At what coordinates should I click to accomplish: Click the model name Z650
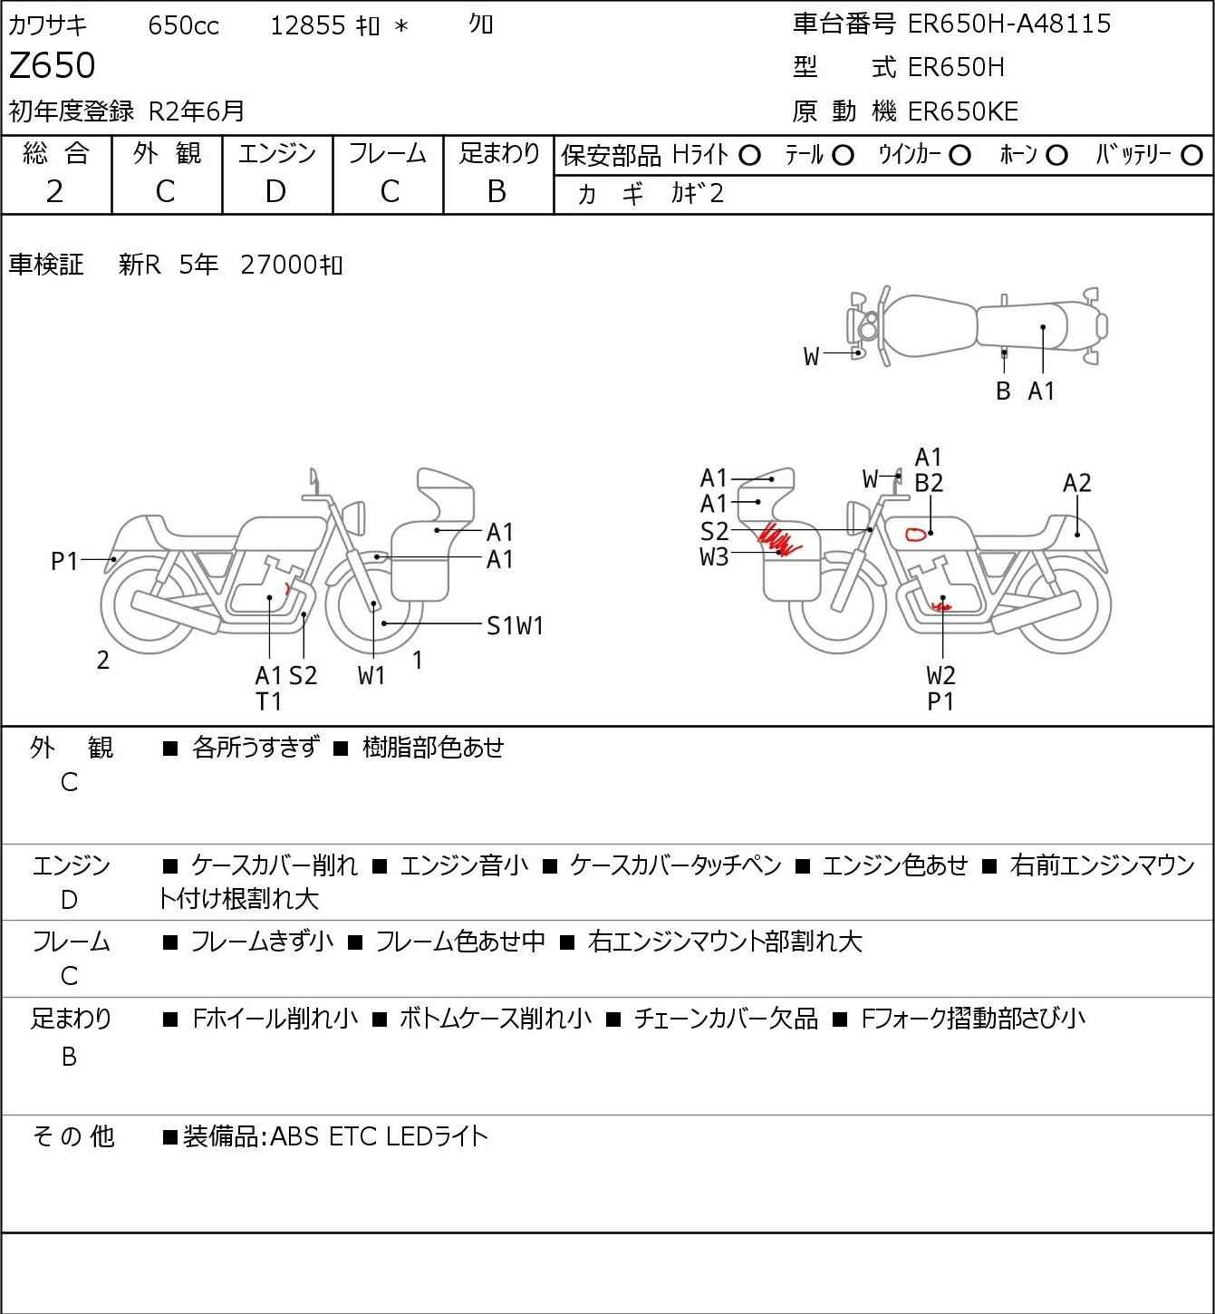pos(53,65)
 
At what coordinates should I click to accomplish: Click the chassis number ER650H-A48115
pos(1009,24)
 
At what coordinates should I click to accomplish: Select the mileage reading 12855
pos(308,25)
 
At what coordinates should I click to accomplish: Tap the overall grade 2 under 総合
pos(55,192)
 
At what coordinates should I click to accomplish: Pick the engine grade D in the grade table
pos(275,192)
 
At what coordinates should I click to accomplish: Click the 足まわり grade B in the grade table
pos(497,192)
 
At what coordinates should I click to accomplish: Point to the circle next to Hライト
pos(749,156)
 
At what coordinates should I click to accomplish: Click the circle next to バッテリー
pos(1191,156)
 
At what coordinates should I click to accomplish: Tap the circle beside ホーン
pos(1056,156)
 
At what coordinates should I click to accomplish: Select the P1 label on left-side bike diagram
pos(65,561)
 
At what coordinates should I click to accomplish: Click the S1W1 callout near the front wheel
pos(515,625)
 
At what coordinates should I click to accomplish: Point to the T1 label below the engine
pos(269,701)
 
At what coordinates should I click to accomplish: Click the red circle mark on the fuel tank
pos(916,535)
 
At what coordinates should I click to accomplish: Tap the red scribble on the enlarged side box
pos(778,538)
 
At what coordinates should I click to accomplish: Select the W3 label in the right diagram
pos(714,557)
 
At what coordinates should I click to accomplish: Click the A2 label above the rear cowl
pos(1076,483)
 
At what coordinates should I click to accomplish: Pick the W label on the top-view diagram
pos(811,357)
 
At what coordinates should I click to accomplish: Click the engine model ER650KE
pos(963,111)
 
